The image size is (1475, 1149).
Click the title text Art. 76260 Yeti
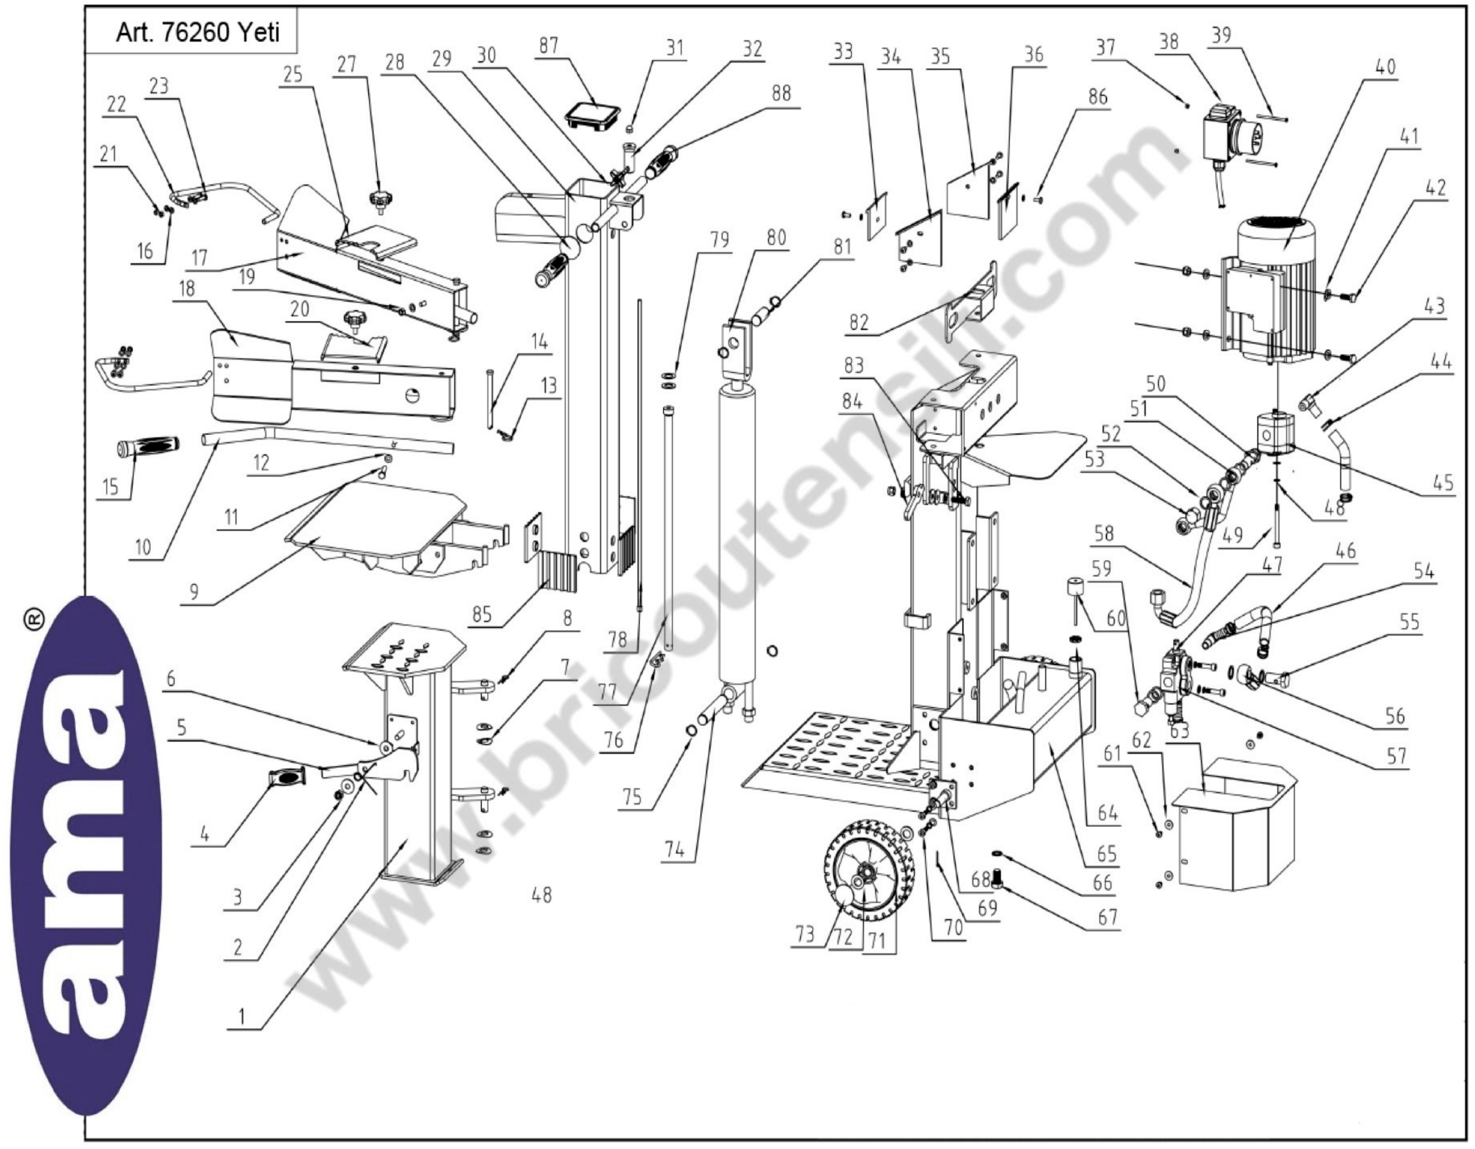point(197,32)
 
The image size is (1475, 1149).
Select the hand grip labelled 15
point(148,448)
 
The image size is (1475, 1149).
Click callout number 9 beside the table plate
point(194,592)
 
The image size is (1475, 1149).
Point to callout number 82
point(858,323)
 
